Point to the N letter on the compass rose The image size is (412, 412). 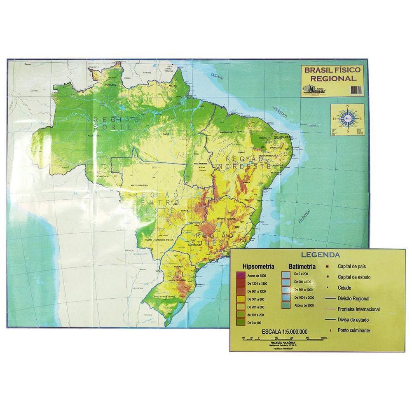coord(347,108)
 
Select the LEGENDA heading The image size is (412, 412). coord(320,255)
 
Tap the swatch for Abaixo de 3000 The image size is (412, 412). coord(286,305)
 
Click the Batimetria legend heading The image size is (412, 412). coord(302,266)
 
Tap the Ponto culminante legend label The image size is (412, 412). coord(354,330)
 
